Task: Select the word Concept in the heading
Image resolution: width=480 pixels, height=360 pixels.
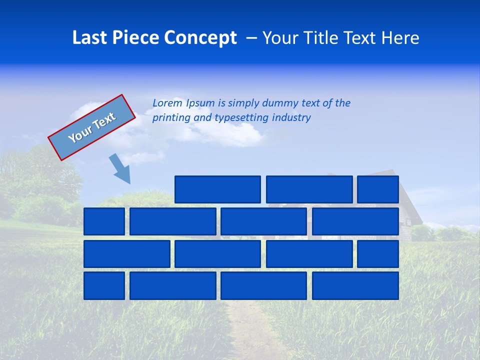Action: tap(200, 37)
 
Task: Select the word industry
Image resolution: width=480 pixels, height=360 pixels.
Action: tap(291, 118)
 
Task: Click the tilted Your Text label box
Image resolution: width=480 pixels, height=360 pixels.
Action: tap(91, 127)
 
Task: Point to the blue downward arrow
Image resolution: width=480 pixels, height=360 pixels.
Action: tap(120, 168)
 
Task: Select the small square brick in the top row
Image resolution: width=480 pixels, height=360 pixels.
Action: tap(377, 189)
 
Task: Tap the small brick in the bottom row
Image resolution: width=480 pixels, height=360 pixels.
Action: tap(104, 285)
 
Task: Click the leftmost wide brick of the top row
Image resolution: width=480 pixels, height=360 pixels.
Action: tap(217, 189)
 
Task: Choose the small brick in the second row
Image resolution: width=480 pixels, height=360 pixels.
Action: tap(104, 221)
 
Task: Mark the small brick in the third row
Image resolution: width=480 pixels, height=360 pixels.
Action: tap(377, 253)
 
